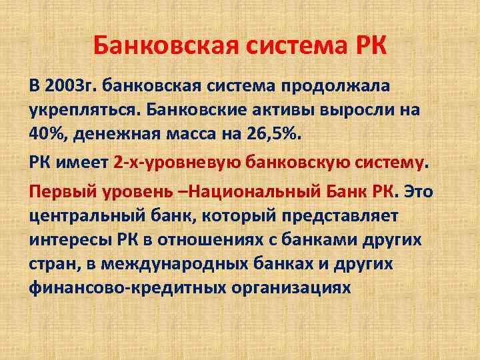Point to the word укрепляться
point(75,109)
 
